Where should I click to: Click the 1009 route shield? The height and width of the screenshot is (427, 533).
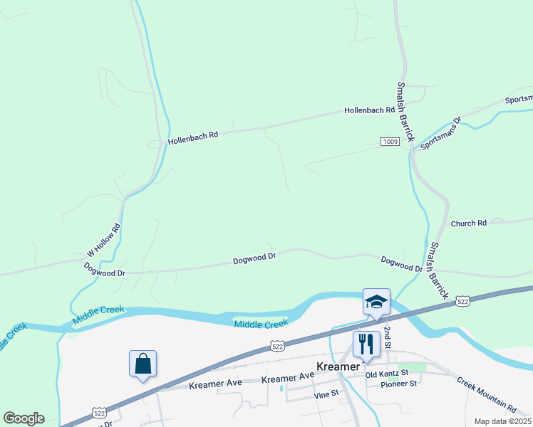point(389,142)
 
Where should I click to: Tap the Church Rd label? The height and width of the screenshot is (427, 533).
point(468,223)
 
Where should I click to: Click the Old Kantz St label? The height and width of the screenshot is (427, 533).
point(386,374)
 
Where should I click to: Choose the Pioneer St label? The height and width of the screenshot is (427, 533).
point(399,384)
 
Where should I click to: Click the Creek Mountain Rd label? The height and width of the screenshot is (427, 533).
point(486,395)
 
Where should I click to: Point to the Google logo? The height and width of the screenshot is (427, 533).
point(24,418)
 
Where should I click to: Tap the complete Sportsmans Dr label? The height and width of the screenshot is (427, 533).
point(441,134)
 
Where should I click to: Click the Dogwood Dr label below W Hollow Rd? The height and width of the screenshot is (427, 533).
point(104,269)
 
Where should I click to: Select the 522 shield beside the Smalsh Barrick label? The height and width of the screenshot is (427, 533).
point(462,302)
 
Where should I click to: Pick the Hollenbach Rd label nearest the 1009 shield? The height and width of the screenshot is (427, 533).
point(369,110)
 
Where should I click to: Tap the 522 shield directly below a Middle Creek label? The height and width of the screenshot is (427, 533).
point(277,345)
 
